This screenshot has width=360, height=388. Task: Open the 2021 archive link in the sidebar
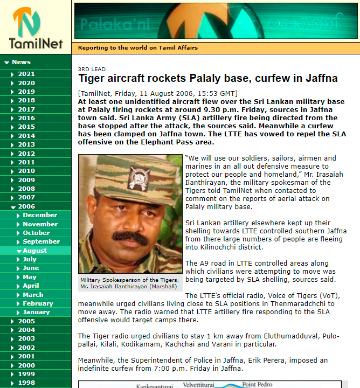[x=26, y=74]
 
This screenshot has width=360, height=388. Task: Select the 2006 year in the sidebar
[x=26, y=206]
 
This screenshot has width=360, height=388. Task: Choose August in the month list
[x=34, y=251]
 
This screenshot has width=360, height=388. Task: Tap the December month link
[x=39, y=215]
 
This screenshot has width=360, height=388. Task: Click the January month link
[x=36, y=312]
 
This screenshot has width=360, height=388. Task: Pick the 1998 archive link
[x=26, y=383]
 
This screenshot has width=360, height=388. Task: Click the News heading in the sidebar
[x=21, y=62]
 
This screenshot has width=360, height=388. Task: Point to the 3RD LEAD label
[x=92, y=69]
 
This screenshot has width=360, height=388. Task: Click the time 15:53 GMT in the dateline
[x=213, y=93]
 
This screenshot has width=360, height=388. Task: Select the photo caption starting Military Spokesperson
[x=130, y=283]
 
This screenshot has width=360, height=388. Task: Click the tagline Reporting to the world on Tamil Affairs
[x=137, y=48]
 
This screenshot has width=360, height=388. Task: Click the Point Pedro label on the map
[x=257, y=384]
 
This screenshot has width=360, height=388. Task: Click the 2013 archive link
[x=26, y=144]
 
